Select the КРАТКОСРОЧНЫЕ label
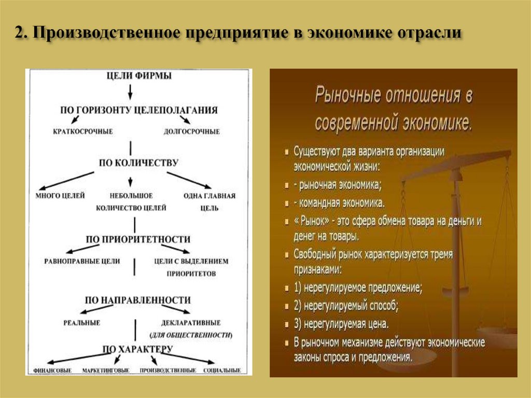[x=82, y=131]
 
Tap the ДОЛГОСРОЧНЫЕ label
[x=191, y=131]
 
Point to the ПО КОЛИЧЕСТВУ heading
[x=138, y=162]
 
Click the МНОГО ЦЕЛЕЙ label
[x=60, y=196]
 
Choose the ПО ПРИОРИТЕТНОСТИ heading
[x=138, y=239]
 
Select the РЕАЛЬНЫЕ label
[x=82, y=322]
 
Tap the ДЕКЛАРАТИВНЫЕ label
[x=191, y=322]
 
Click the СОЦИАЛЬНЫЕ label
[x=222, y=370]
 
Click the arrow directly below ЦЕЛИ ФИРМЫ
[x=130, y=92]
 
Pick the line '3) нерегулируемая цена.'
[x=341, y=324]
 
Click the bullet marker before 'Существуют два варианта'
[x=287, y=152]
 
